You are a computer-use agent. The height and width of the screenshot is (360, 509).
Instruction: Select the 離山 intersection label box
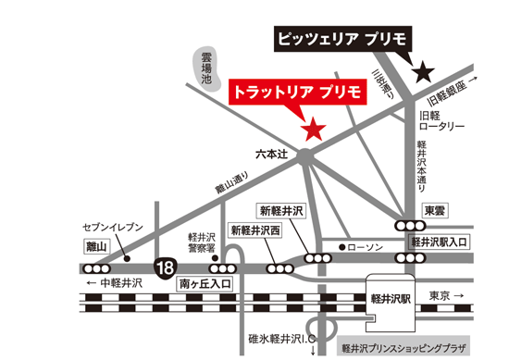click(96, 247)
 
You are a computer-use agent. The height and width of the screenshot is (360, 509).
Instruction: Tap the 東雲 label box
click(434, 210)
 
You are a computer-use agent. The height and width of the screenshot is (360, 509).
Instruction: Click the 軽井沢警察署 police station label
click(201, 242)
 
